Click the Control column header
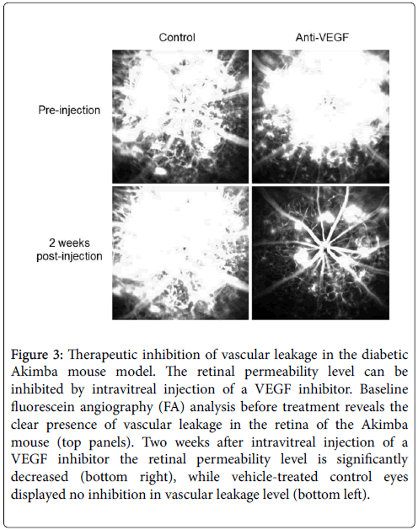(x=177, y=37)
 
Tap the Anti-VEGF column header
(x=322, y=37)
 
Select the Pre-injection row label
(x=69, y=110)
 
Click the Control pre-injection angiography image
(x=180, y=116)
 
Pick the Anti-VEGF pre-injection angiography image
(x=320, y=116)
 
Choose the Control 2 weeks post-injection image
(x=180, y=253)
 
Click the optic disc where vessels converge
(x=324, y=248)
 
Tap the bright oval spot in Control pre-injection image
(x=159, y=170)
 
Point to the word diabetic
(x=385, y=355)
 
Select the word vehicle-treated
(x=275, y=477)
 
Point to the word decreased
(x=40, y=477)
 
